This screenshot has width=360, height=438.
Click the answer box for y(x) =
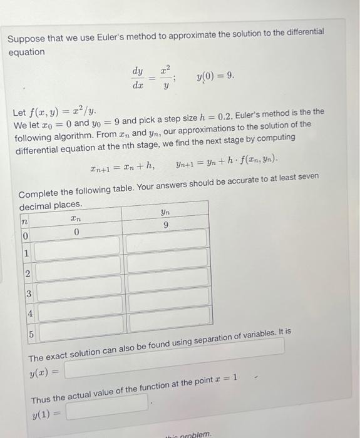[175, 369]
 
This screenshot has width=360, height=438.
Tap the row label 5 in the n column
[31, 334]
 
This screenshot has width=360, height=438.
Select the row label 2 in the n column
[28, 273]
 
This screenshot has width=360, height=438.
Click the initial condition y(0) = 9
[215, 76]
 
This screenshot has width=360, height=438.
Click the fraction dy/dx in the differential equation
[138, 78]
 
